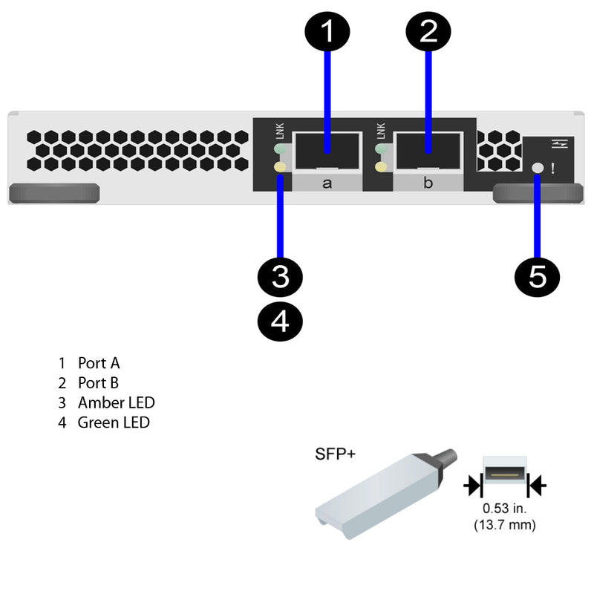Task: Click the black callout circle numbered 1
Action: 326,32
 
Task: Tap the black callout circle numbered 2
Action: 428,32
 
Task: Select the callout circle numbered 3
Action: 280,277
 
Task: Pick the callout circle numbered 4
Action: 280,321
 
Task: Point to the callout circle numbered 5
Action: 538,277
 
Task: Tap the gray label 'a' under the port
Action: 327,183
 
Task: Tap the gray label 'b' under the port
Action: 428,183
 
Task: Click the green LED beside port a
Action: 281,151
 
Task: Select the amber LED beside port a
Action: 281,168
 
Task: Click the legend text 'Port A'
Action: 98,363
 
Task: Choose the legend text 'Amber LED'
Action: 116,403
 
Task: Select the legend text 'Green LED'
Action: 114,423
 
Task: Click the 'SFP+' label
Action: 335,454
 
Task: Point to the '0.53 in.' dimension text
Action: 504,509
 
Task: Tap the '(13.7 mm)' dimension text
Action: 504,525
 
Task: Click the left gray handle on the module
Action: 53,193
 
